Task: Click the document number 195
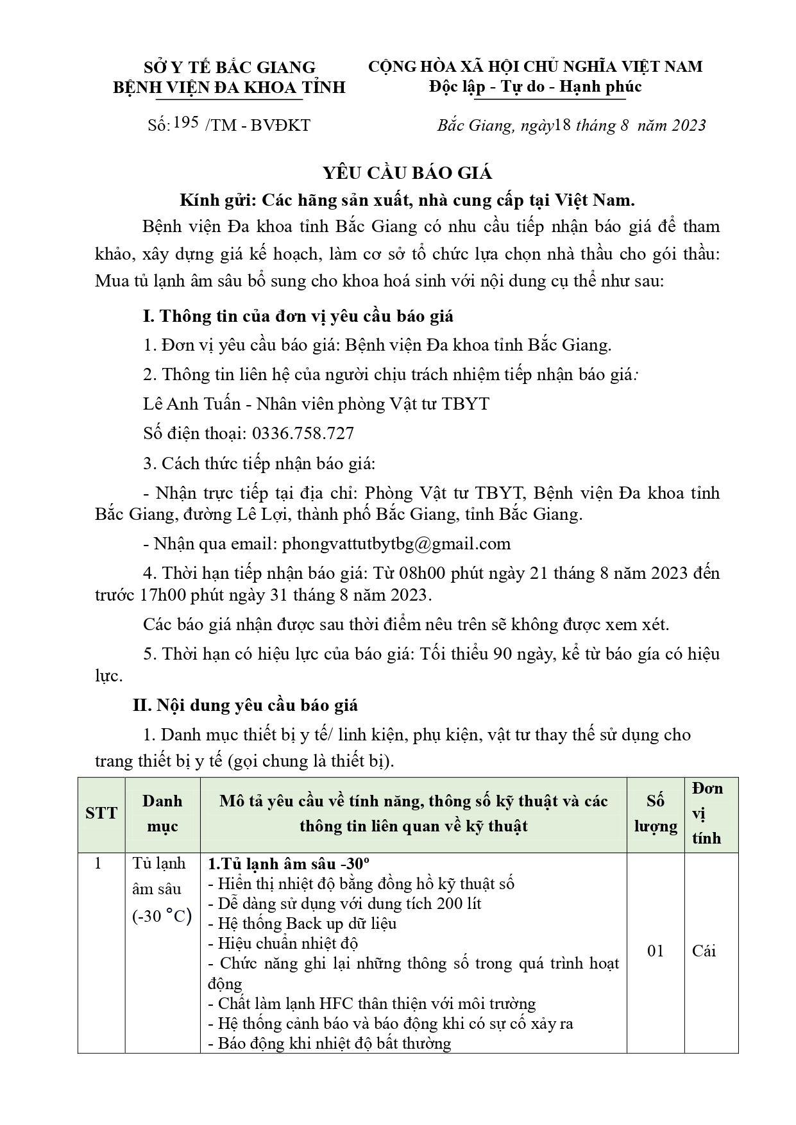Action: [x=185, y=122]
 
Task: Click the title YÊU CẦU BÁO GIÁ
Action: [x=407, y=173]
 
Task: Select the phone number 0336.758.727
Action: [x=303, y=434]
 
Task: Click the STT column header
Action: [x=101, y=813]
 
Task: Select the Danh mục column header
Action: [x=162, y=813]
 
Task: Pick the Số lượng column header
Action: [x=656, y=813]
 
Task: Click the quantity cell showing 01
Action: [x=656, y=951]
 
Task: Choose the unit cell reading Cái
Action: [x=704, y=951]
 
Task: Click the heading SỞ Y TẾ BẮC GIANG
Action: [x=230, y=67]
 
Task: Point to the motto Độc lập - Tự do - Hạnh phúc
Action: [x=535, y=87]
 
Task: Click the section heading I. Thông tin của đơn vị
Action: [x=298, y=316]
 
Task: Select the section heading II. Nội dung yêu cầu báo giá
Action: [x=245, y=706]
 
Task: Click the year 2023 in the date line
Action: [x=688, y=125]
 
